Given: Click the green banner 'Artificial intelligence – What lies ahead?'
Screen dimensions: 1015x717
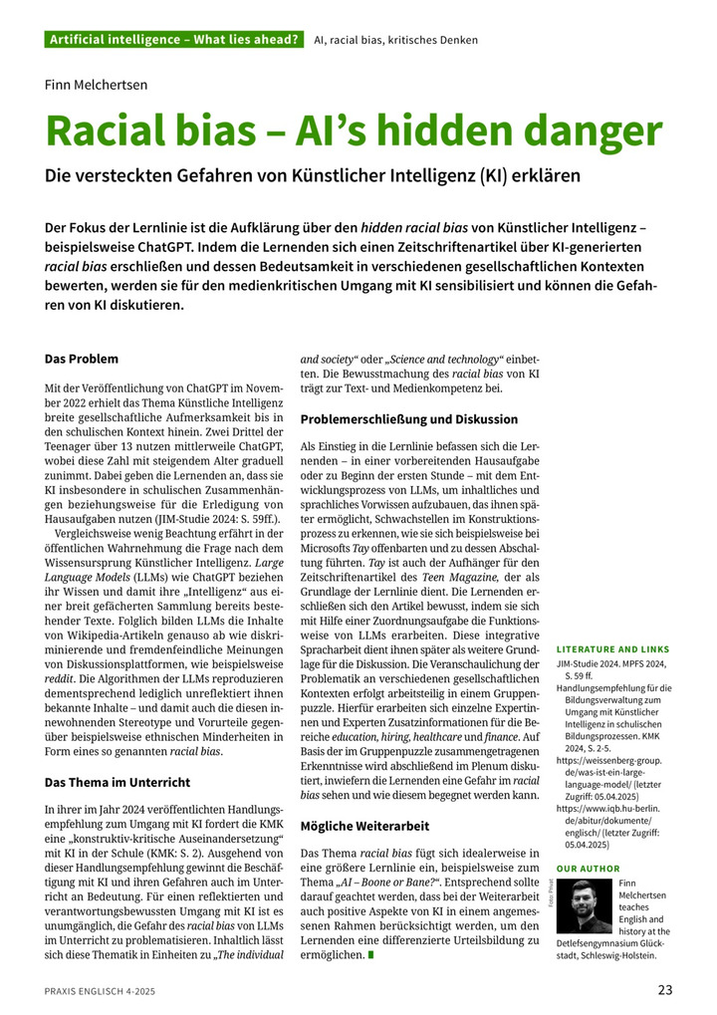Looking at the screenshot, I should tap(174, 40).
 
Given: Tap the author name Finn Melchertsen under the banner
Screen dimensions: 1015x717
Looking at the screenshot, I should tap(96, 85).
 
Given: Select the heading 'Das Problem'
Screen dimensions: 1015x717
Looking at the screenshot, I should tap(82, 359).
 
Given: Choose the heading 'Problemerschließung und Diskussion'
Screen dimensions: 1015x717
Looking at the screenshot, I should tap(409, 419).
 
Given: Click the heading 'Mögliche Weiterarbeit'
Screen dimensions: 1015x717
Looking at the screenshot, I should tap(365, 826).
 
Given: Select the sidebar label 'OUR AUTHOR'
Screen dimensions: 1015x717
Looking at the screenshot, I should tap(588, 869).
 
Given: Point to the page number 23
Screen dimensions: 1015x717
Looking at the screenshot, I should tap(665, 989).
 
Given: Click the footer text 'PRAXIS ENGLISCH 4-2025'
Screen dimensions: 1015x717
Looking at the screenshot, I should tap(100, 990).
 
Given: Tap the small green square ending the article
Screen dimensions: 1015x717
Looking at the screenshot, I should tap(371, 955).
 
